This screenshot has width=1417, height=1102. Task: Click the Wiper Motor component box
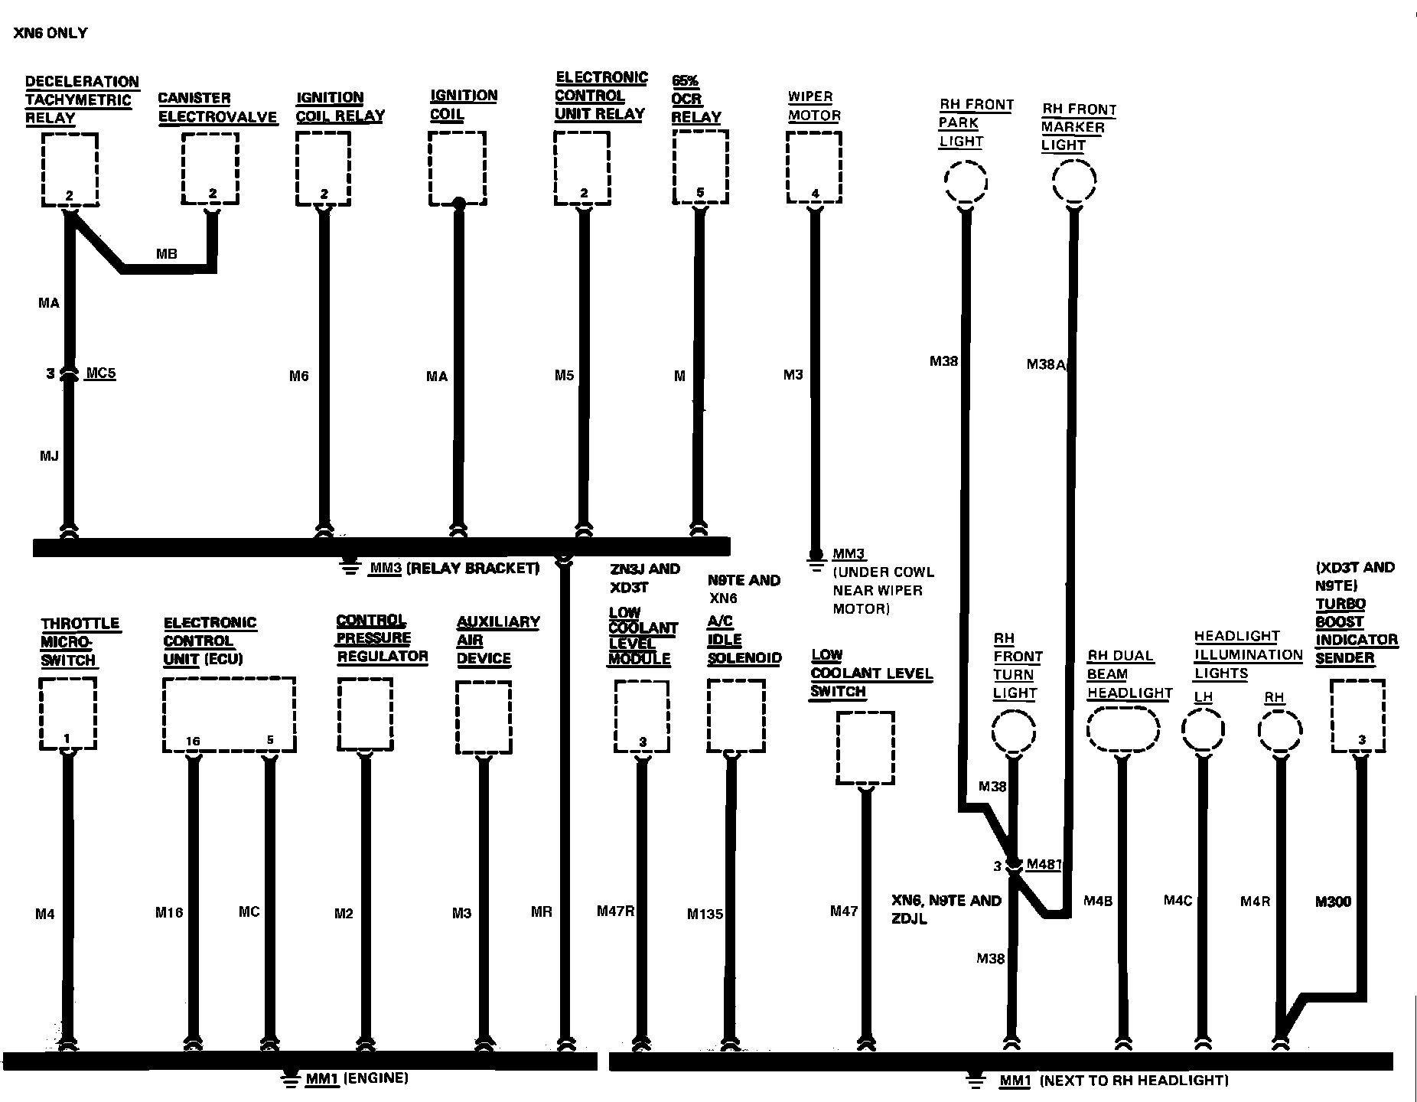tap(814, 167)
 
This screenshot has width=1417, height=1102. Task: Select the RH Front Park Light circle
tap(966, 182)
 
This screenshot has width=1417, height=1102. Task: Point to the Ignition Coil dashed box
tap(457, 168)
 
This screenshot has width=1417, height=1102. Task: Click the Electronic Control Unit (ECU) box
tap(229, 714)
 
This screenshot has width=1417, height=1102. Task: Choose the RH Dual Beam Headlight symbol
tap(1122, 729)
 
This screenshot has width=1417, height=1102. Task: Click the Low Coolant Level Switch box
tap(865, 748)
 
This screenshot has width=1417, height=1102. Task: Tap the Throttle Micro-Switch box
tap(67, 714)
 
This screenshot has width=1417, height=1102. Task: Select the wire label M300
tap(1333, 902)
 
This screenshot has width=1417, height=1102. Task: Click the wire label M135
tap(705, 914)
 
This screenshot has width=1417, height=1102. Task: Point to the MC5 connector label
tap(101, 373)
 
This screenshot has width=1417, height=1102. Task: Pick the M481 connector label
tap(1044, 865)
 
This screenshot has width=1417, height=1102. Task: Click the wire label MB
tap(166, 253)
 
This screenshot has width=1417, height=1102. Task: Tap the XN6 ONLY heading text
tap(50, 33)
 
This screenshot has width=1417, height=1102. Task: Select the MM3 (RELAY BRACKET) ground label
tap(454, 568)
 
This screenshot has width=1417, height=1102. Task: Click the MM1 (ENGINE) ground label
tap(357, 1078)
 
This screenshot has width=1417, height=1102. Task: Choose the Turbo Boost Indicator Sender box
tap(1357, 716)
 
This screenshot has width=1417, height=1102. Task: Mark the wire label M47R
tap(616, 911)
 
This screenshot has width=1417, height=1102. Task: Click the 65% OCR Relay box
tap(700, 167)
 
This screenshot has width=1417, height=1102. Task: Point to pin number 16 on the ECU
tap(193, 741)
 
